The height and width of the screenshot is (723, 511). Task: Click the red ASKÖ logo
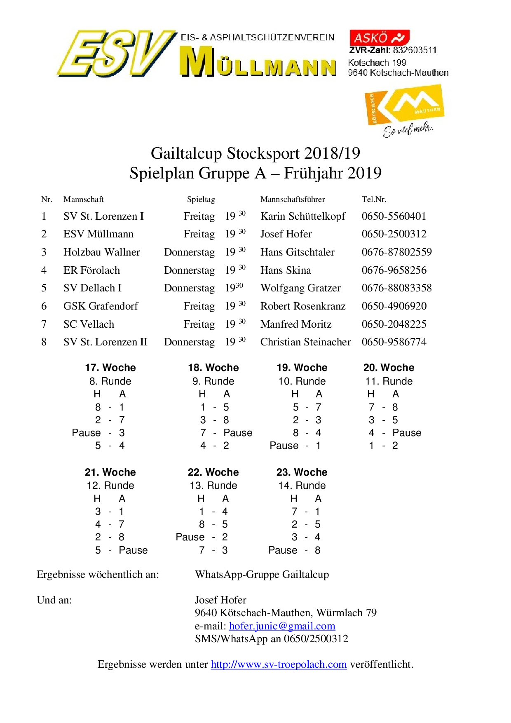(379, 38)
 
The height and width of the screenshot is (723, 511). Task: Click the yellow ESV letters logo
(115, 54)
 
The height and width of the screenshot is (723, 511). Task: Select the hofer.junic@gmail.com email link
(282, 626)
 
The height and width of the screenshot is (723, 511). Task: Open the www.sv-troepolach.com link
(279, 664)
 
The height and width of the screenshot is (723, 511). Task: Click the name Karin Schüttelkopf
(303, 216)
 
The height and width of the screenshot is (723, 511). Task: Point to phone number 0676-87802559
(396, 252)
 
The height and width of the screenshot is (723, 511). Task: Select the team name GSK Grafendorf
(101, 306)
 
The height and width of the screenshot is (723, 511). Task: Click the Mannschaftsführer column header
(293, 200)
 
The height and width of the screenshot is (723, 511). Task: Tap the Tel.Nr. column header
(374, 200)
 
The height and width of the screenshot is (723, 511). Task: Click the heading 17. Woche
(110, 367)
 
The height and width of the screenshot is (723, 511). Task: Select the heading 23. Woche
(302, 472)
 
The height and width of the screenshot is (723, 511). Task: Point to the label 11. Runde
(389, 381)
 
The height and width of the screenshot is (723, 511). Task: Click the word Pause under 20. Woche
(407, 432)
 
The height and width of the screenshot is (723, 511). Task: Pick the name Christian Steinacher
(305, 342)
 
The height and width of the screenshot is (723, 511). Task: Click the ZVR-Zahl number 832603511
(415, 50)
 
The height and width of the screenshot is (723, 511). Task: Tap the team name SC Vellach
(89, 324)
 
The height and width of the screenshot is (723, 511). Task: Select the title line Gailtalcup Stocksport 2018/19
(255, 153)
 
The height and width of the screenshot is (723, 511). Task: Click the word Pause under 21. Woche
(133, 550)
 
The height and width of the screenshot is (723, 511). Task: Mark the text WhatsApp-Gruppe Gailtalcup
(262, 574)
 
